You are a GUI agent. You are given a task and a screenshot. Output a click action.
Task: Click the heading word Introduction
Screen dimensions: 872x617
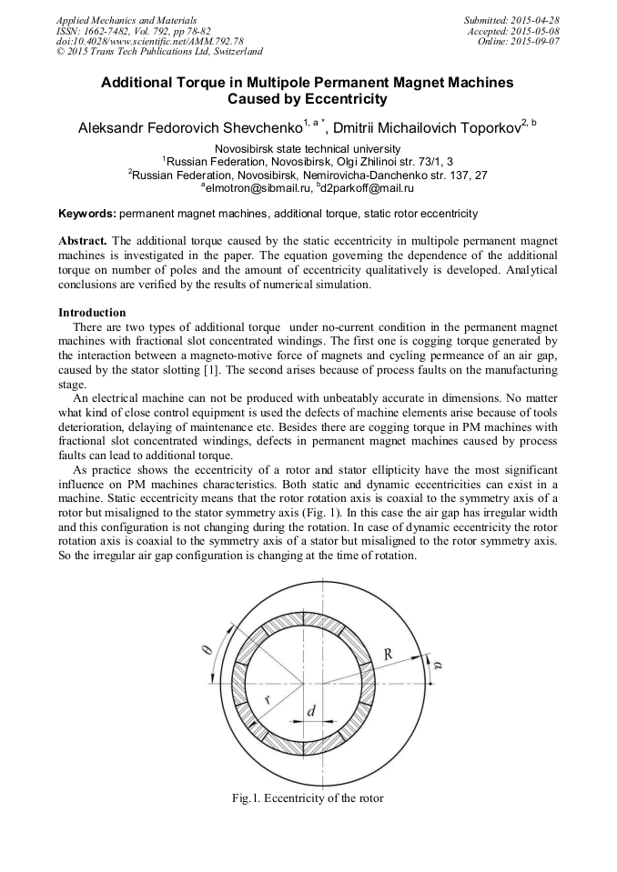92,312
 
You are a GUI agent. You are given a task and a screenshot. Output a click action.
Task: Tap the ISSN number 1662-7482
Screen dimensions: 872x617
107,31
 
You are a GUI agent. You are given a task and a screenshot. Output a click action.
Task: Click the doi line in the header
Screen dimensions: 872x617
149,42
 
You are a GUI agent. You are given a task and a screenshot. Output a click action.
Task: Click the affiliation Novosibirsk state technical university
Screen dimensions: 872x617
307,148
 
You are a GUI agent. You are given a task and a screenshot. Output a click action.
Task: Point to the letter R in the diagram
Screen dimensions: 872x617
388,653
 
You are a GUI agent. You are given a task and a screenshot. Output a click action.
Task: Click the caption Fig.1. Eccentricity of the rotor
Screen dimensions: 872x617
308,798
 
